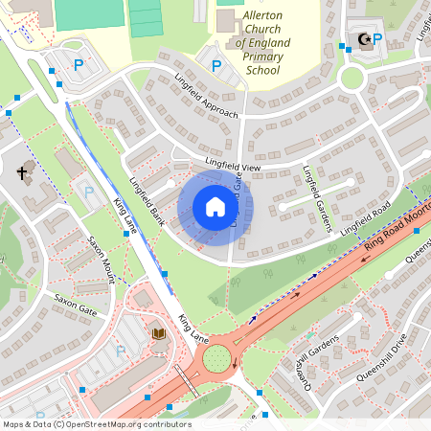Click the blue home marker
point(215,206)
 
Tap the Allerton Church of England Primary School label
point(249,43)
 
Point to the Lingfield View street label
point(226,166)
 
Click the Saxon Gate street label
point(76,305)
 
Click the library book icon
point(159,333)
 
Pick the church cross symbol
point(23,173)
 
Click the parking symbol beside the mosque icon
point(376,38)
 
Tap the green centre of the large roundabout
point(216,359)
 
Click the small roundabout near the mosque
point(352,77)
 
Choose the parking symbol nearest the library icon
point(121,352)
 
